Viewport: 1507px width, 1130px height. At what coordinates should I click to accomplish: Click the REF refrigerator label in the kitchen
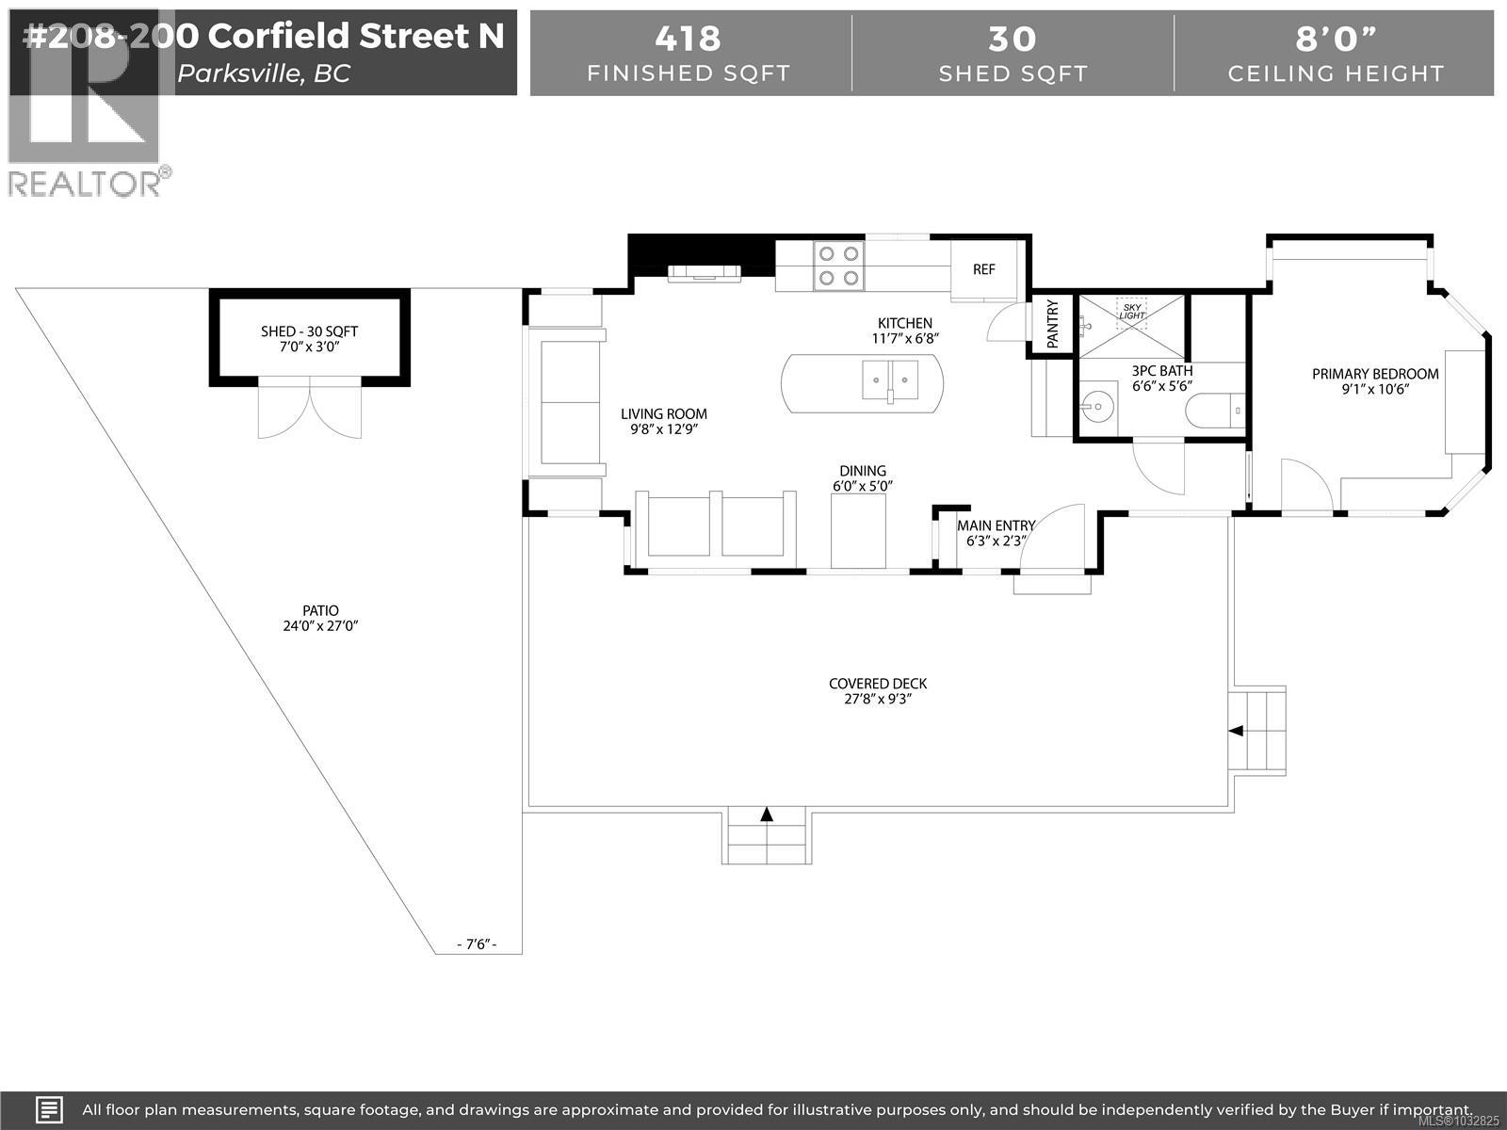click(983, 269)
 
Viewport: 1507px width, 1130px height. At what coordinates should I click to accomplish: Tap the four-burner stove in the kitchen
click(838, 265)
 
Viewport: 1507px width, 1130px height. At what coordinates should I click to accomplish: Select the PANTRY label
click(1052, 324)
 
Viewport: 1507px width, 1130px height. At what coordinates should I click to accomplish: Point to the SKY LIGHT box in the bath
click(1132, 310)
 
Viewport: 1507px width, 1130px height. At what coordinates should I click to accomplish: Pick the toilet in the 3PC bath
click(1214, 411)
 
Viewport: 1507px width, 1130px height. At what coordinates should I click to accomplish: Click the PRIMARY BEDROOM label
click(1375, 374)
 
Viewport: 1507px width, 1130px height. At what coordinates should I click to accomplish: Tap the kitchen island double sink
click(890, 380)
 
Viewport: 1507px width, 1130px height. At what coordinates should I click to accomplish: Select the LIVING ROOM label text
click(663, 413)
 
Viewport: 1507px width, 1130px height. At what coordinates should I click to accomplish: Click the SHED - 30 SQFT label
click(309, 331)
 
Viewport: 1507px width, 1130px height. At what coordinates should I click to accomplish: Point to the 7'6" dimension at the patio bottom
click(476, 944)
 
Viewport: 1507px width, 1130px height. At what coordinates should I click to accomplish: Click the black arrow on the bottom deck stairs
click(767, 815)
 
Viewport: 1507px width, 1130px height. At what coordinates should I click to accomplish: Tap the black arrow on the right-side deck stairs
click(1236, 731)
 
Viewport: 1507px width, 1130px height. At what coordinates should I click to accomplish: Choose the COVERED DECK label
click(878, 684)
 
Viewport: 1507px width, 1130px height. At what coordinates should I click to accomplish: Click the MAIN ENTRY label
click(996, 525)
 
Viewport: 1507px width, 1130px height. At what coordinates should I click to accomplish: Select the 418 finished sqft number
click(689, 39)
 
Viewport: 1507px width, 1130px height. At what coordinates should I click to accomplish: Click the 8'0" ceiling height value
click(1336, 39)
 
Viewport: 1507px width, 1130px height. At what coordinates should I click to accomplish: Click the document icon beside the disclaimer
click(50, 1109)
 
